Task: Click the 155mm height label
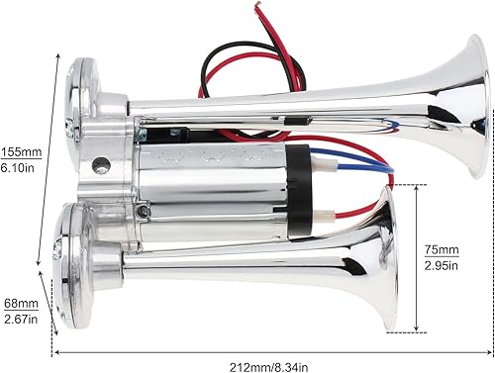tap(20, 153)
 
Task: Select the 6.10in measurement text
tap(20, 169)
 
